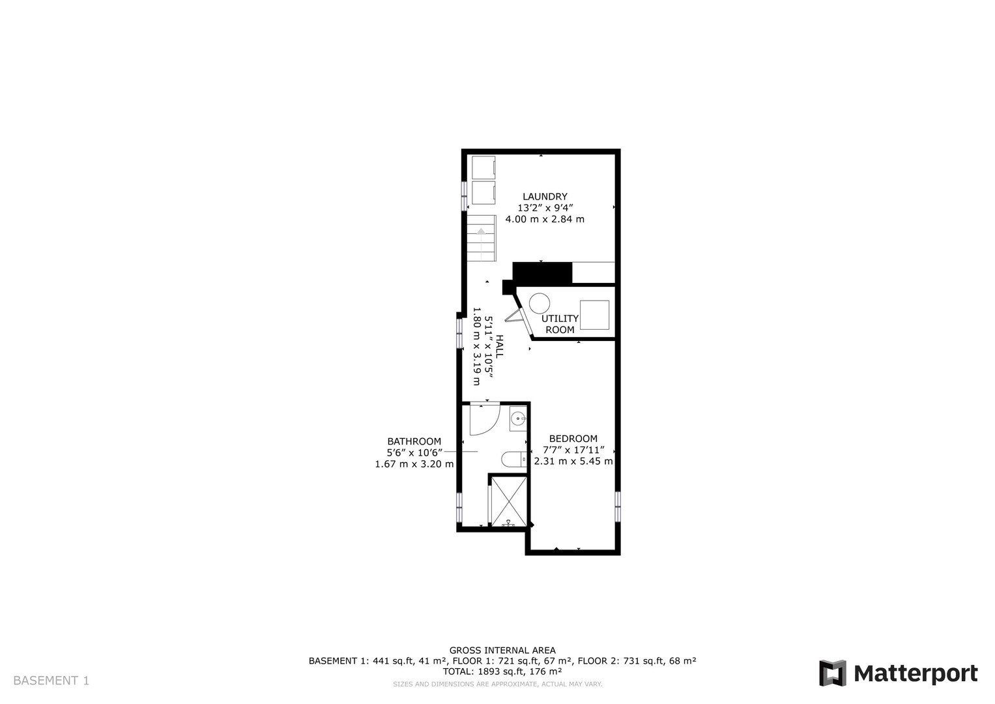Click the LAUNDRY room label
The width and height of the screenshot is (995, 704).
pyautogui.click(x=545, y=196)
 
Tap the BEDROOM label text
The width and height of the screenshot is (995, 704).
pyautogui.click(x=573, y=438)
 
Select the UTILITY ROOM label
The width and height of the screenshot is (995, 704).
pyautogui.click(x=560, y=324)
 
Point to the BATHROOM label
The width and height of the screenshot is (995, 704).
pyautogui.click(x=414, y=441)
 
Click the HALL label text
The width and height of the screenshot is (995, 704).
pyautogui.click(x=499, y=347)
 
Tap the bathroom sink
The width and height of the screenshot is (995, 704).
pyautogui.click(x=518, y=418)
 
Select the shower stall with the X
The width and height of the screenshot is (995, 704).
pyautogui.click(x=509, y=501)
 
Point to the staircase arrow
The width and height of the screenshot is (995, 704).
pyautogui.click(x=481, y=231)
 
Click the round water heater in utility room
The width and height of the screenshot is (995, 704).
pyautogui.click(x=540, y=303)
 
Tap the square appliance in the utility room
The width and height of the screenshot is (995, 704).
pyautogui.click(x=594, y=315)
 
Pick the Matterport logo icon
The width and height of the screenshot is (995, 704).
pyautogui.click(x=832, y=673)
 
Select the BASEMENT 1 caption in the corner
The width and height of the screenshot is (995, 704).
pyautogui.click(x=51, y=681)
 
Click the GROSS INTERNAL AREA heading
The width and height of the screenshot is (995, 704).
pyautogui.click(x=502, y=651)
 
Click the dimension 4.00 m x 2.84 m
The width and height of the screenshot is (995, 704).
pyautogui.click(x=545, y=219)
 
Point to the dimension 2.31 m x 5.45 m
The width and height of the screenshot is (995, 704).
pyautogui.click(x=573, y=462)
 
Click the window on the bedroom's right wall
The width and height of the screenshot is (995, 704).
pyautogui.click(x=618, y=506)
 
